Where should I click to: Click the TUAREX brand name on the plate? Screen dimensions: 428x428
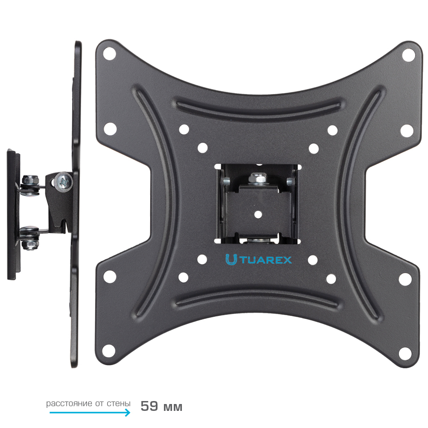(266, 260)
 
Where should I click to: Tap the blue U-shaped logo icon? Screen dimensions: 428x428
(231, 260)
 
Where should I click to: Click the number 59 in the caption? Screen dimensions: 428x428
(149, 406)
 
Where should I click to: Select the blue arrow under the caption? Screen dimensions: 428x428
(90, 412)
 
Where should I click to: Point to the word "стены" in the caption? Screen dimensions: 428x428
(119, 404)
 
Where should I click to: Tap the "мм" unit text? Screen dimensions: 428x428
(173, 407)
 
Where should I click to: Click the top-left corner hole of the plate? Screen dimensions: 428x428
(110, 53)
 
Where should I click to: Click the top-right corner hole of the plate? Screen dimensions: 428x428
(409, 55)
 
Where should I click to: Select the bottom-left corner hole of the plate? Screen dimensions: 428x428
(109, 351)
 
